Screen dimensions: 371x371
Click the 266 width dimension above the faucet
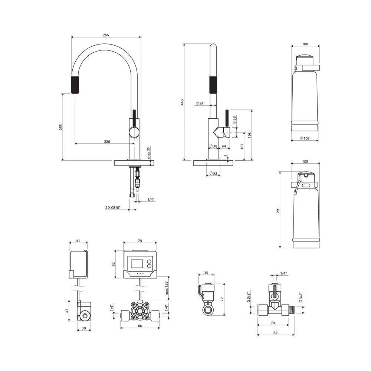106,35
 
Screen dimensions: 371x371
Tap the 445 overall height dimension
182,102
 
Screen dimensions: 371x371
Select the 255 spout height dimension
61,127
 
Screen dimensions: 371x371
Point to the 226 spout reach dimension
107,141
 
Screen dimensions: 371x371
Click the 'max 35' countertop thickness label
148,152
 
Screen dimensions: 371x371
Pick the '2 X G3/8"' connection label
113,208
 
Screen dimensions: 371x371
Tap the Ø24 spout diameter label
200,103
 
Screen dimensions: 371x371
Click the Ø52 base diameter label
213,173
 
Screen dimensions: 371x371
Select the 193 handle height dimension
249,135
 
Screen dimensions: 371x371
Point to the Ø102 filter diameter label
305,138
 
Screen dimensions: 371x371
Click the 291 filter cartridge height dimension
278,210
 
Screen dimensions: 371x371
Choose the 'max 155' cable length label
167,288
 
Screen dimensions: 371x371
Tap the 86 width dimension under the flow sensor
140,326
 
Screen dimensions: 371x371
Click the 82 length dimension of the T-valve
275,333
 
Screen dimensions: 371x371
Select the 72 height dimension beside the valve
222,299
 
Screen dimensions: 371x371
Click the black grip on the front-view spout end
75,85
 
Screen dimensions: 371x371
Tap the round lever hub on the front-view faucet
134,132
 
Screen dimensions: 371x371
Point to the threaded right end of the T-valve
292,309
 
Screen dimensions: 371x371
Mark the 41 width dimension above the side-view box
78,241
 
